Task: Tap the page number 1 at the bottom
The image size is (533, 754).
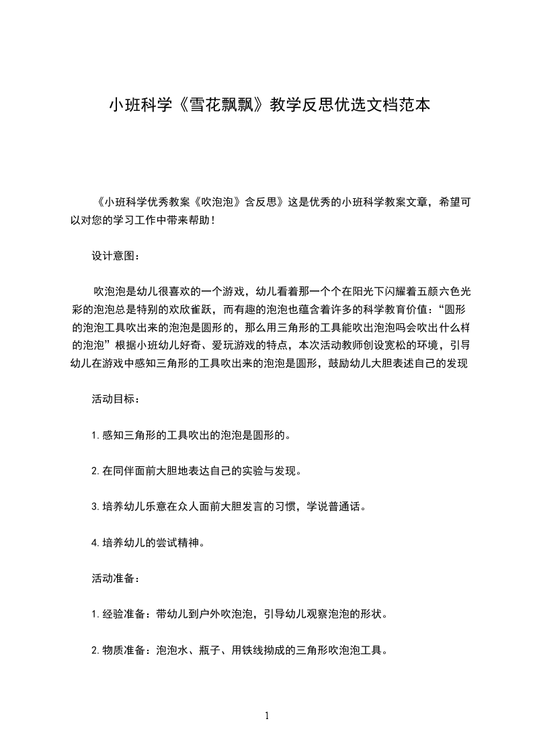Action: coord(267,716)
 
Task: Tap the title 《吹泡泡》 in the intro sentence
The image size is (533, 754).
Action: coord(219,202)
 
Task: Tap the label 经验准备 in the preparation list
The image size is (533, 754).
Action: coord(124,614)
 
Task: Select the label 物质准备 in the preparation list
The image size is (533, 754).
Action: coord(124,650)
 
